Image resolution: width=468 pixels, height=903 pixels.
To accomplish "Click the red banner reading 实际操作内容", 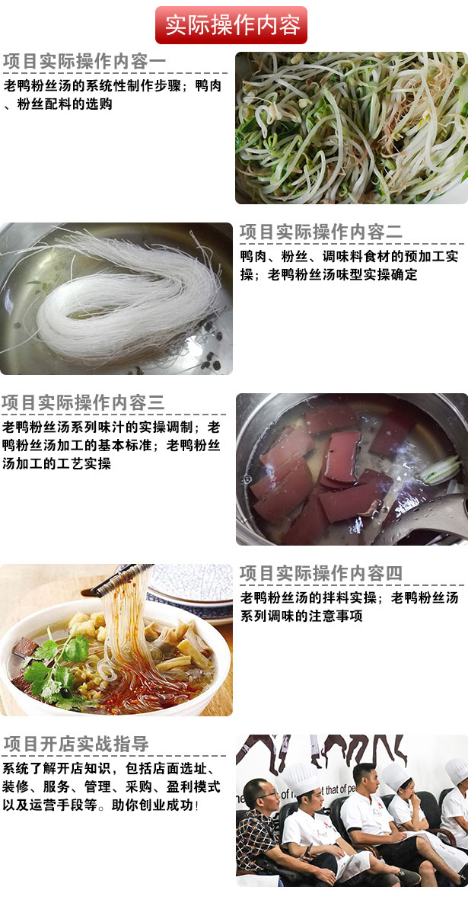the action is (231, 25).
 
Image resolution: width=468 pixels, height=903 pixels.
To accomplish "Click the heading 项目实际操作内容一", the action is (84, 62).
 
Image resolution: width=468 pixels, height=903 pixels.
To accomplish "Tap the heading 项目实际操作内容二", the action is (321, 232).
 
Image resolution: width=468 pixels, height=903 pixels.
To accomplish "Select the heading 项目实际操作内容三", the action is (84, 402).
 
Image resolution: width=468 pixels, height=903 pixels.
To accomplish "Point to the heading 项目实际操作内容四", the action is (321, 573).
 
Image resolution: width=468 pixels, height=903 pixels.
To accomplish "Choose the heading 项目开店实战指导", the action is (76, 744).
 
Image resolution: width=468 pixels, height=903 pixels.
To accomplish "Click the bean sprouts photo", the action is (352, 128).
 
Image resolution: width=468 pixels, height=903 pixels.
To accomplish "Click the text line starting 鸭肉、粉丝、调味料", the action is (349, 256).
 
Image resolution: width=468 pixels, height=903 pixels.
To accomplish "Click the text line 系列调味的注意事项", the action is (301, 616).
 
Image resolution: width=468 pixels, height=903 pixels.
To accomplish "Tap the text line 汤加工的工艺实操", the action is (56, 463).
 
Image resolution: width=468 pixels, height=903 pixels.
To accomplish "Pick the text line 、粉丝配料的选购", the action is (58, 104).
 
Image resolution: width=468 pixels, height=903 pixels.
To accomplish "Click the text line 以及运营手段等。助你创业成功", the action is (100, 805).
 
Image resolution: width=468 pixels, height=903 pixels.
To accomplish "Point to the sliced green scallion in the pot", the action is (441, 469).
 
